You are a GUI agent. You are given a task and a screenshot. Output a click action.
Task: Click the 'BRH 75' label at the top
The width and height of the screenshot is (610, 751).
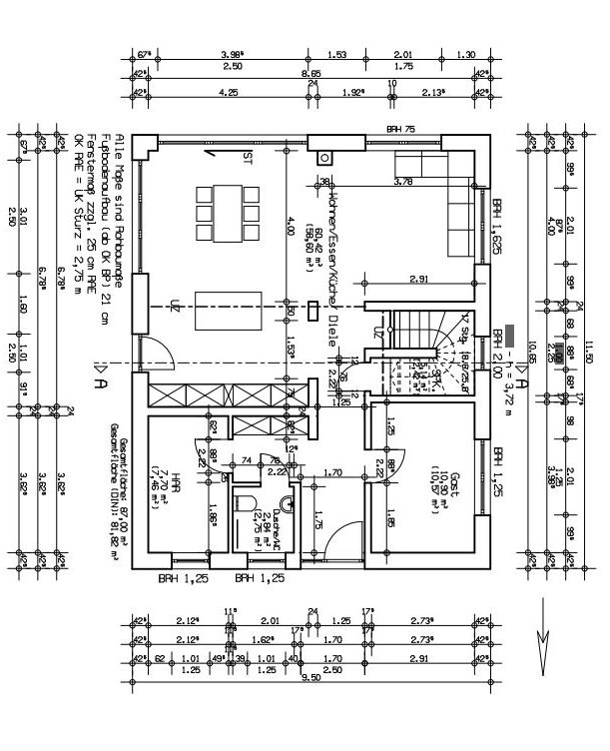click(x=401, y=130)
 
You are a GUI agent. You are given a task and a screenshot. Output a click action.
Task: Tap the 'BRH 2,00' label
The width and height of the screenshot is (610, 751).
click(x=496, y=351)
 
